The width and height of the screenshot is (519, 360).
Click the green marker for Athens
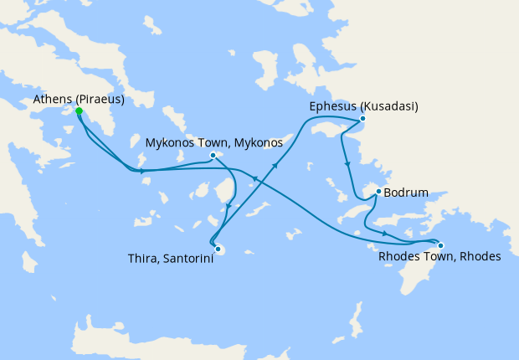(79, 111)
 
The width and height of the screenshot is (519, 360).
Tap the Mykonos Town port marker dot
(213, 155)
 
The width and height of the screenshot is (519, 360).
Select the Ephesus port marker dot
(362, 119)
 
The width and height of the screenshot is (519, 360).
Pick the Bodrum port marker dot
(378, 192)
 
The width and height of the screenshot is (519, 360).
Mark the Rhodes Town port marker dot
(440, 245)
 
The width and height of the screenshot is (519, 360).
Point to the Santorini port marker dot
(218, 248)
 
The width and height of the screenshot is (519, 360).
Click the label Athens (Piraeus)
(79, 100)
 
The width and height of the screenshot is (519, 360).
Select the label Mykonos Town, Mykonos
(214, 142)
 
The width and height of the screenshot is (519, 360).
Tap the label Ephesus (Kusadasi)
(363, 106)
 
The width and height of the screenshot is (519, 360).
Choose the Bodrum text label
(406, 193)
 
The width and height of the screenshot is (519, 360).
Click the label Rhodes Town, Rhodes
(439, 256)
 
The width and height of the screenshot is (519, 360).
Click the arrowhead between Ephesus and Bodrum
(346, 157)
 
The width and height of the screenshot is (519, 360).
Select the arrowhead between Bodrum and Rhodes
(384, 234)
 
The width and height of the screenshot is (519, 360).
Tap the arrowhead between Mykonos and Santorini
(231, 202)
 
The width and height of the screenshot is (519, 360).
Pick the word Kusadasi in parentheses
(389, 106)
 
